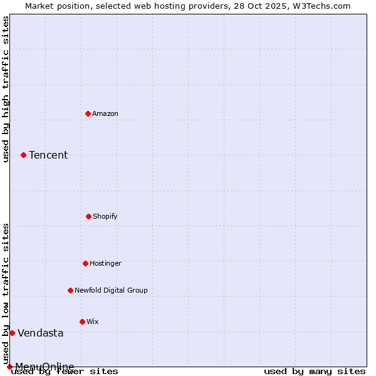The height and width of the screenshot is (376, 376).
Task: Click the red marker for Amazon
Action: click(88, 113)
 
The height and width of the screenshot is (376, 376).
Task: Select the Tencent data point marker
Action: click(23, 155)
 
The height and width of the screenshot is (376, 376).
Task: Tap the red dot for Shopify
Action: click(88, 216)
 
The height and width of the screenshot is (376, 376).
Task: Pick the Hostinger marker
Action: click(85, 263)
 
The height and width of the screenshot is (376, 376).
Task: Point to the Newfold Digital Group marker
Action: click(70, 290)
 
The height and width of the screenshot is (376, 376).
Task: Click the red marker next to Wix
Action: click(82, 321)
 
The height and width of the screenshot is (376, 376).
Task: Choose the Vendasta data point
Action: click(12, 333)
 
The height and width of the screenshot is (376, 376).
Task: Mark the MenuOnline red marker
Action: click(9, 367)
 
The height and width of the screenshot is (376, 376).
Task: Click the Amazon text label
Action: click(105, 113)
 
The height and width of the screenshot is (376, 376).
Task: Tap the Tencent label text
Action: click(48, 155)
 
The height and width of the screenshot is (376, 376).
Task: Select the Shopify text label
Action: click(105, 216)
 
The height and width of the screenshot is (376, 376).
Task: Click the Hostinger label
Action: click(105, 263)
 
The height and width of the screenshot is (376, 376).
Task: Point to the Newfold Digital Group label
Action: click(111, 290)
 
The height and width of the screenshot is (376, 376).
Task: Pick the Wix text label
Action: click(93, 321)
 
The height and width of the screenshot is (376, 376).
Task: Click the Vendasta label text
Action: click(40, 333)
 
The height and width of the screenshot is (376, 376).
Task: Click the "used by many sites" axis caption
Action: click(315, 371)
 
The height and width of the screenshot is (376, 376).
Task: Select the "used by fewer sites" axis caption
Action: click(65, 371)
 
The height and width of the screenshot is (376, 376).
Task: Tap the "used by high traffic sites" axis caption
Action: click(6, 89)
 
